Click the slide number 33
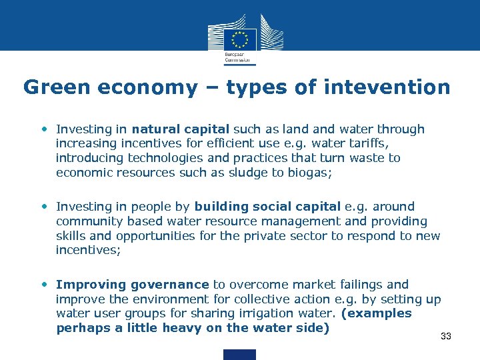click(x=446, y=336)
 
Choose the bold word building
click(x=221, y=207)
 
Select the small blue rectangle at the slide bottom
click(x=239, y=354)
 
